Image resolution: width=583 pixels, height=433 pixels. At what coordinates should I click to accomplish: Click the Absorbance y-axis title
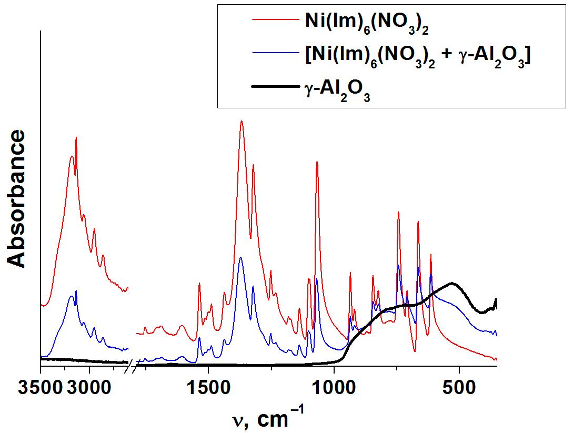coord(17,199)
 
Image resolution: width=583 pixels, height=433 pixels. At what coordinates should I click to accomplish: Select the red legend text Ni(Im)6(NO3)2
coord(366,25)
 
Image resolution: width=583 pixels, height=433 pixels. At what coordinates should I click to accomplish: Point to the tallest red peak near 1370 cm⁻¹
coord(242,121)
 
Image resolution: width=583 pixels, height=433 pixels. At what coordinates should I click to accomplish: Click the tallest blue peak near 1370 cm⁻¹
coord(241,257)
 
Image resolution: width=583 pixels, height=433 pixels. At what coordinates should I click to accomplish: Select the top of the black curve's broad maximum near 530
coord(451,283)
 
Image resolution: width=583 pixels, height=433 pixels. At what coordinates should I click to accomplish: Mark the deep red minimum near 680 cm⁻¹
coord(415,351)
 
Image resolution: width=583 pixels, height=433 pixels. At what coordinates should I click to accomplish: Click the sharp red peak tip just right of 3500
coord(76,137)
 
